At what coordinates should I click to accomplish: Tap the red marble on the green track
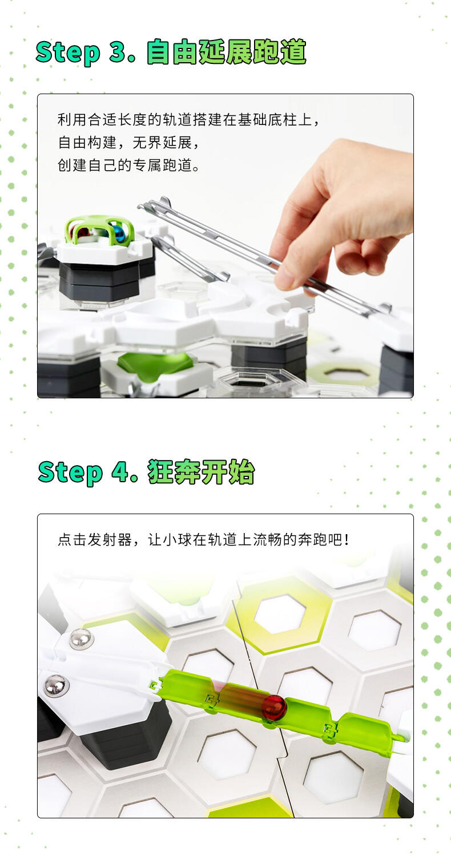(x=274, y=708)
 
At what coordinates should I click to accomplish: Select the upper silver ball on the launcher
(x=82, y=638)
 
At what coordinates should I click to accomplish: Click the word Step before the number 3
(x=68, y=53)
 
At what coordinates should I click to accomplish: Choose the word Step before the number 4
(x=70, y=473)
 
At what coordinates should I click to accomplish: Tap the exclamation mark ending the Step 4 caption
(x=347, y=540)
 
